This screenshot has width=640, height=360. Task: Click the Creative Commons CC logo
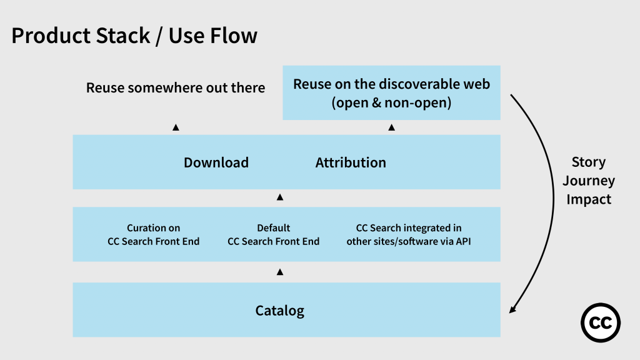pos(601,323)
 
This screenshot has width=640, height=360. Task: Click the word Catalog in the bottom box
pos(279,310)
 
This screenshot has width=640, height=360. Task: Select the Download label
pos(216,162)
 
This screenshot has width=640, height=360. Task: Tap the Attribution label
pos(351,162)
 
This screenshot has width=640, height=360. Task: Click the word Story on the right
pos(588,162)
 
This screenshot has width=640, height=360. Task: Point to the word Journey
pos(588,181)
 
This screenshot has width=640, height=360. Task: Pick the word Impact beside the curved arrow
pos(588,199)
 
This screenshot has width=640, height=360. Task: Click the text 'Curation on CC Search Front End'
pos(154,234)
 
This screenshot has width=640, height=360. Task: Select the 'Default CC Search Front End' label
pos(273,234)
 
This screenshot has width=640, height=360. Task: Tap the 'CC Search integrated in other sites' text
pos(409,234)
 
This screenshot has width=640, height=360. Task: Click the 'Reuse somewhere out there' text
pos(176,87)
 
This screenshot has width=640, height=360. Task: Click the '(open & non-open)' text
pos(391,102)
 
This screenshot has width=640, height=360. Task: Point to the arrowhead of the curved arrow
pos(513,309)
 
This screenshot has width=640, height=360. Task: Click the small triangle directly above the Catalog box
pos(280,272)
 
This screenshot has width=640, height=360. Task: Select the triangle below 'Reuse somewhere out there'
pos(176,127)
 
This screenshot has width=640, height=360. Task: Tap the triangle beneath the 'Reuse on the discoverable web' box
pos(391,127)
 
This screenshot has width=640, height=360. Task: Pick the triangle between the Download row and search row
pos(280,197)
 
